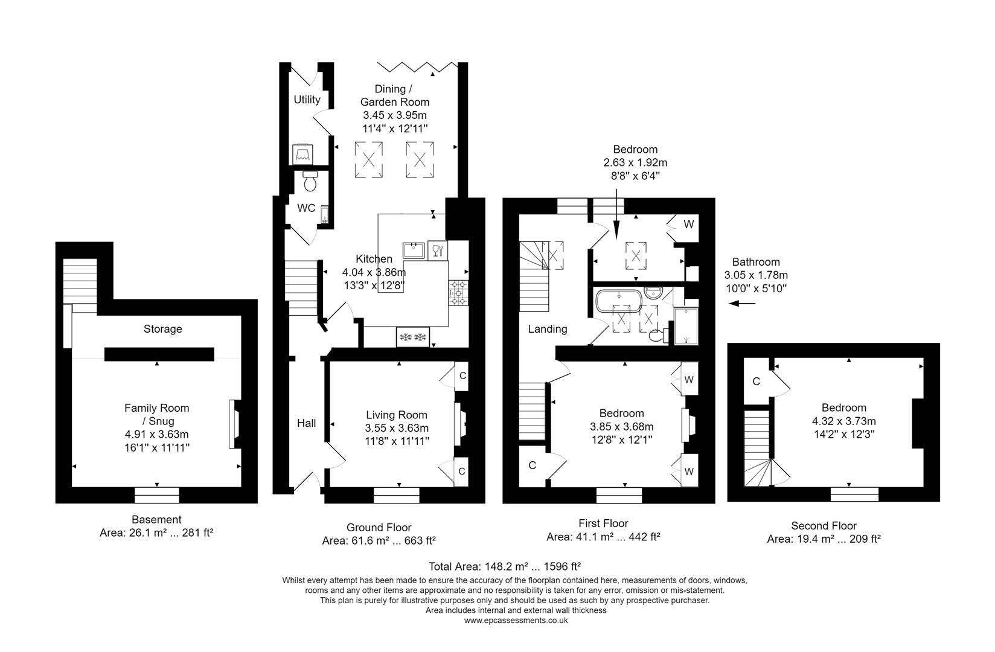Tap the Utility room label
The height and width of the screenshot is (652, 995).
pos(307,100)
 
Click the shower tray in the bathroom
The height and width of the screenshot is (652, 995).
pos(685,326)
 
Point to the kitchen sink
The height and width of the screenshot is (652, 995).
pos(415,249)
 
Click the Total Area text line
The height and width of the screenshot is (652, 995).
pos(504,566)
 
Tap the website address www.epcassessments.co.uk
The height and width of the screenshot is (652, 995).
pos(516,620)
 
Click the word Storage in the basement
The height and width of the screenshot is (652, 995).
pos(162,329)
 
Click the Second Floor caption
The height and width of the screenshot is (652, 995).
pos(824,526)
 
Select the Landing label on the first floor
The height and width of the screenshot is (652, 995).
pos(547,329)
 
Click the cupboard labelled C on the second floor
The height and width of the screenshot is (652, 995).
pos(756,382)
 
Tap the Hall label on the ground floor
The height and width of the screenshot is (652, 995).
pos(306,423)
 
